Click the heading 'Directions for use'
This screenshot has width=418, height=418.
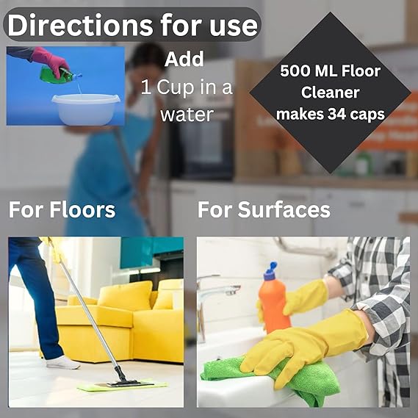tap(132, 25)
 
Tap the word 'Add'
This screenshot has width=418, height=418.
tap(184, 59)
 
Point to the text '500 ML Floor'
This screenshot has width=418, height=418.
tap(331, 71)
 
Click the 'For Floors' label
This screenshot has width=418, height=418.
tap(62, 209)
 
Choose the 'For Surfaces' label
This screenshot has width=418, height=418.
tap(264, 209)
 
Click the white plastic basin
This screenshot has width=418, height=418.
tap(86, 109)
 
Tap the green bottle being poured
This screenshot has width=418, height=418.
tap(60, 75)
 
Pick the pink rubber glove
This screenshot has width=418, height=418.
tap(50, 61)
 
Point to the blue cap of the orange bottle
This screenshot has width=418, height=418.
tap(271, 271)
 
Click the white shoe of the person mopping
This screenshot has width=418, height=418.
tap(63, 363)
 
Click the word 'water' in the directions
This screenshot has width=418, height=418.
tap(187, 115)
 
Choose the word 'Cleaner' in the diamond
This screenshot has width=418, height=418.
tap(331, 93)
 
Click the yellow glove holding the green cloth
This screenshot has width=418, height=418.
tap(304, 349)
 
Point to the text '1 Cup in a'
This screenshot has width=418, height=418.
tap(187, 87)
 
